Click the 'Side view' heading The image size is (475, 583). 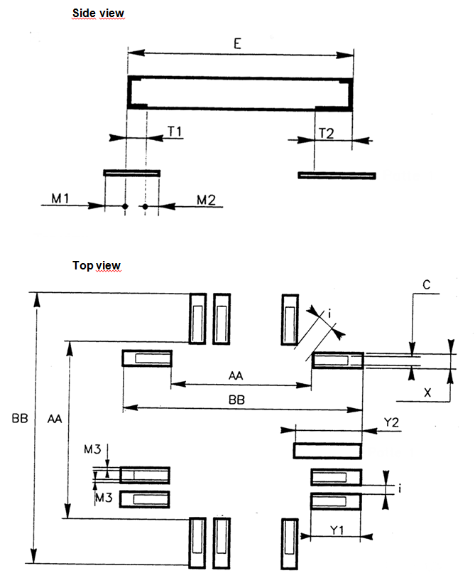click(99, 14)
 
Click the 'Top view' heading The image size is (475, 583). click(96, 265)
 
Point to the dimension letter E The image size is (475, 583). click(238, 43)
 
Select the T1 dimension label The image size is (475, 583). click(175, 132)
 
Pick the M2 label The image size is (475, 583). click(206, 200)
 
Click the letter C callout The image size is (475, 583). click(427, 285)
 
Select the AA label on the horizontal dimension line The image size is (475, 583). click(239, 374)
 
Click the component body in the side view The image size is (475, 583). click(240, 92)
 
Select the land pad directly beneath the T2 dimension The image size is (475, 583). click(337, 175)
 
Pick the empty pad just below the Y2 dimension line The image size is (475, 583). click(327, 450)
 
